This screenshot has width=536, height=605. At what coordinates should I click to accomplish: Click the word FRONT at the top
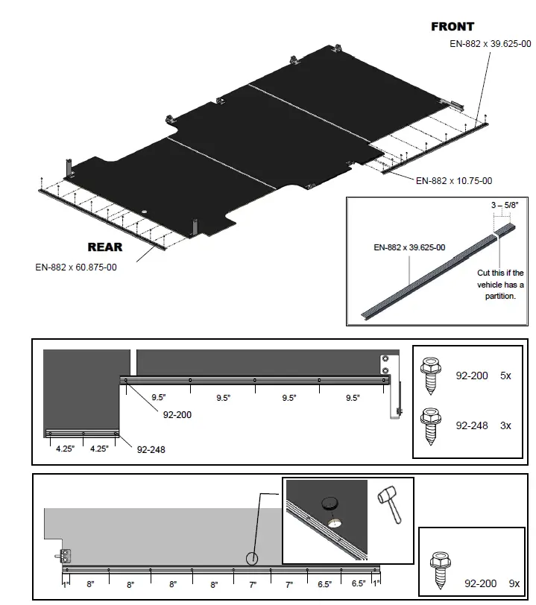453,27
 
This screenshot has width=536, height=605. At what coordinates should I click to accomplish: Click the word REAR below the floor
105,247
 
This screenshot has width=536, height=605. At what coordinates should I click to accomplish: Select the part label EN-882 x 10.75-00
453,180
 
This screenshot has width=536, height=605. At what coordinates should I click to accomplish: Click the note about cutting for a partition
500,285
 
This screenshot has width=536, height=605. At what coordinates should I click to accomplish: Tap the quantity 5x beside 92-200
505,376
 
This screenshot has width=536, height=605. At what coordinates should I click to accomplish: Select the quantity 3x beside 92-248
505,425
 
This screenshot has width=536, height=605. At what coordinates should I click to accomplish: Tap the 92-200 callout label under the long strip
177,414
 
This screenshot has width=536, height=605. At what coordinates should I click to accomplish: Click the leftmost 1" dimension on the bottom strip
66,586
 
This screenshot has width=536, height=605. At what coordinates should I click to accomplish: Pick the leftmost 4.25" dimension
66,449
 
